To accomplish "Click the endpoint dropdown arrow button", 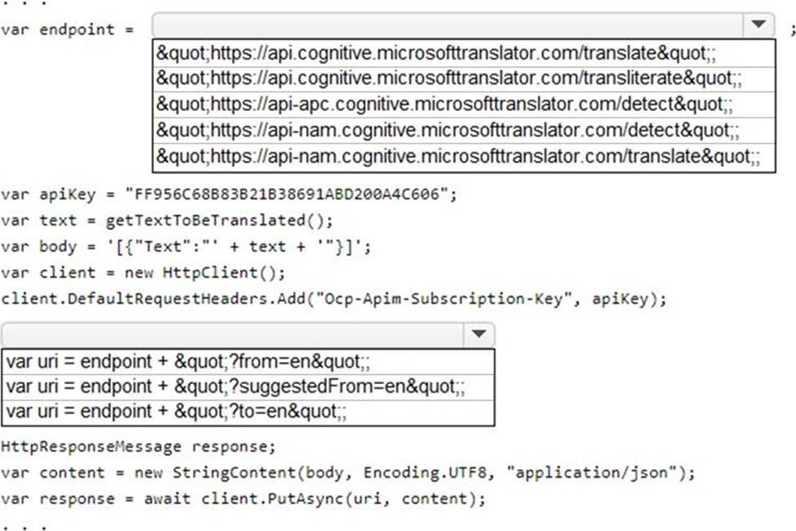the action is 758,25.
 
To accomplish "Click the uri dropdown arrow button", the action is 479,334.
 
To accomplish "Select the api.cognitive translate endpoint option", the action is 436,53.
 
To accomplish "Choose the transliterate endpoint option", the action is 449,78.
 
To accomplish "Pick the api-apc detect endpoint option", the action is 445,104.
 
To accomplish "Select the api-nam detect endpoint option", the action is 448,131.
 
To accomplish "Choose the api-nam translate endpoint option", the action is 458,156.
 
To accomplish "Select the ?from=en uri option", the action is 188,361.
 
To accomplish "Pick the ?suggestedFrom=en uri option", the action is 235,387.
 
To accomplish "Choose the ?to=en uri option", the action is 177,411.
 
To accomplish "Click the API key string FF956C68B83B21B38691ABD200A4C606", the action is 286,194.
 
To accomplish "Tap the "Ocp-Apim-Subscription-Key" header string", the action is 445,298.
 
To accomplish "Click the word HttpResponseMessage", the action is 91,447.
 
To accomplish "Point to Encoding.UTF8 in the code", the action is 424,473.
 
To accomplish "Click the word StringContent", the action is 234,473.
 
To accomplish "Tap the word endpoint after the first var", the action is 77,30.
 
